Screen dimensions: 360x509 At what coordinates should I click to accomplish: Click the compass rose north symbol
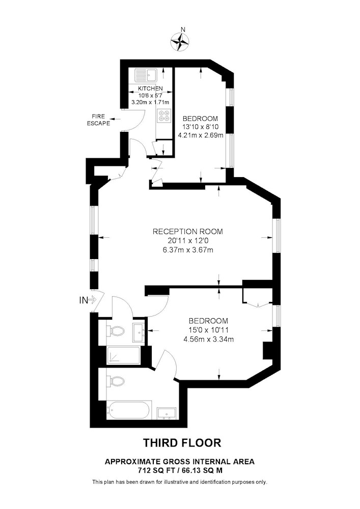click(x=180, y=42)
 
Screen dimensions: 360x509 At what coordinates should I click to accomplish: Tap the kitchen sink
click(x=146, y=76)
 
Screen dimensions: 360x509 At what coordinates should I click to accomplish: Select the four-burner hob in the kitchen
click(x=163, y=116)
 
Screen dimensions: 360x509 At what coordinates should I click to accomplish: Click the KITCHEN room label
click(x=150, y=89)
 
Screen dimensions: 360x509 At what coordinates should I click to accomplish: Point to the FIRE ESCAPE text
click(x=98, y=120)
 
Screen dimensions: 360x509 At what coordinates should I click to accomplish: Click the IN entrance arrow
click(x=92, y=300)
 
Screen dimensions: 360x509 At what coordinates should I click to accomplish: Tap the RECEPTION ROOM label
click(x=187, y=232)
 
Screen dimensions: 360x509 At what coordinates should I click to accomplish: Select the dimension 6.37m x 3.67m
click(x=187, y=250)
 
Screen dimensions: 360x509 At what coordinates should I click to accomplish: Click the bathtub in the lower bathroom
click(x=128, y=411)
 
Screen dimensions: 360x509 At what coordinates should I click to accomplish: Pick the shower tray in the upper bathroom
click(x=123, y=355)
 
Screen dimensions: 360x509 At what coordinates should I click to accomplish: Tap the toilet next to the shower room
click(x=117, y=331)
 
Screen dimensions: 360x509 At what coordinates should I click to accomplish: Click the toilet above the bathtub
click(x=117, y=382)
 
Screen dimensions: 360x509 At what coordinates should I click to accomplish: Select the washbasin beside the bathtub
click(x=167, y=413)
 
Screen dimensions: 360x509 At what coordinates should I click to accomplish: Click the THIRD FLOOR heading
click(x=182, y=443)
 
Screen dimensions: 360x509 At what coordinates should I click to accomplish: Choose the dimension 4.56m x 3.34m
click(x=208, y=340)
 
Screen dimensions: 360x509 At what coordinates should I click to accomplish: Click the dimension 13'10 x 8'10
click(x=200, y=127)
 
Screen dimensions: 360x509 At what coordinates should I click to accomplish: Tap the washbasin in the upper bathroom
click(x=139, y=332)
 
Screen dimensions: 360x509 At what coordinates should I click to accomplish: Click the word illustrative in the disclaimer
click(x=176, y=482)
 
